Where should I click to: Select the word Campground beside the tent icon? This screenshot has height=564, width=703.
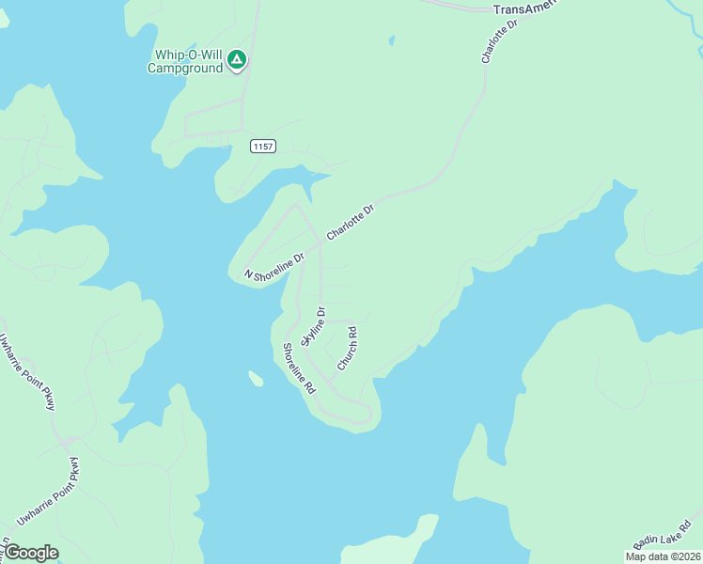coord(186,68)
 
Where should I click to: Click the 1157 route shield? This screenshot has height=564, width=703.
coord(263,147)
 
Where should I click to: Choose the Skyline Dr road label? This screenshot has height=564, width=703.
coord(313,324)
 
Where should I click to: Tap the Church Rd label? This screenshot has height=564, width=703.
coord(347,347)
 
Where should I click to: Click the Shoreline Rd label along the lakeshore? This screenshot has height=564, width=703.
coord(299,368)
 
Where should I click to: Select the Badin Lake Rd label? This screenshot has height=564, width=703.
coord(662,534)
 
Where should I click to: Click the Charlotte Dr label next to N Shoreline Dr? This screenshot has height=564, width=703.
coord(351,222)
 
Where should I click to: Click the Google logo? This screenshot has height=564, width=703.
coord(31,553)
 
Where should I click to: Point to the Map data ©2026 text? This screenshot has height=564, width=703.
coord(663,556)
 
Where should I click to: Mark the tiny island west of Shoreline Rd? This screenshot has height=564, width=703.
coord(255,379)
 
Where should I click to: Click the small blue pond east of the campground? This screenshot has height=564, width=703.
coord(390,40)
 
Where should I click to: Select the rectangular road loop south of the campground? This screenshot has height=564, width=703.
coord(214,123)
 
